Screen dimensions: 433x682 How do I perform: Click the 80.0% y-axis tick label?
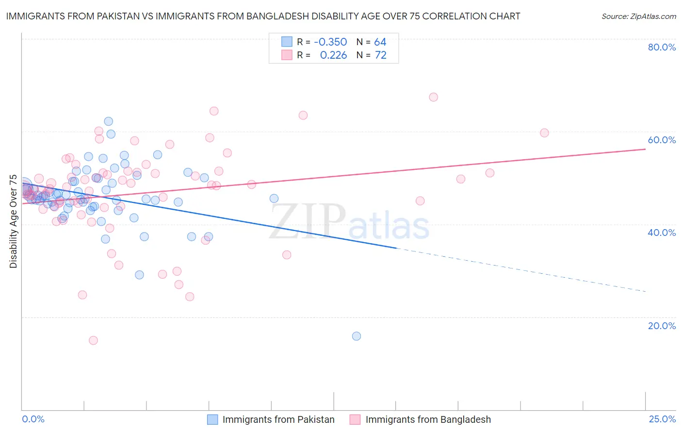coord(662,47)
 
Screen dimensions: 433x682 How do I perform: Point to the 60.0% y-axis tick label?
coord(662,140)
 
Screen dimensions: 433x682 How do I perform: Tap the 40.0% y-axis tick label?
coord(662,233)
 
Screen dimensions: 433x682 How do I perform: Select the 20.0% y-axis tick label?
coord(662,326)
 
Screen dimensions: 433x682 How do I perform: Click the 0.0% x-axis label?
coord(33,419)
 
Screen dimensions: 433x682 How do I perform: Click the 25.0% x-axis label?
coord(662,419)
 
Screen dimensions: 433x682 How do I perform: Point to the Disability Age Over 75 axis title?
coord(13,221)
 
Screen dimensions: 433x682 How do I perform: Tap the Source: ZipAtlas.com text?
coord(638,16)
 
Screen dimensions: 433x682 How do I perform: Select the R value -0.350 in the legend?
coord(330,42)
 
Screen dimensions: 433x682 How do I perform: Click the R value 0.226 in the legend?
coord(333,55)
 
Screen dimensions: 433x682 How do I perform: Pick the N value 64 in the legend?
coord(380,42)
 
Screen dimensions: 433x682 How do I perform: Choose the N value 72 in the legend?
coord(380,55)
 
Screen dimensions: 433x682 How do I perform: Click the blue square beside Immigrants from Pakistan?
coord(212,419)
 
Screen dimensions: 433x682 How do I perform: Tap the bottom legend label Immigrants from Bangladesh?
coord(428,419)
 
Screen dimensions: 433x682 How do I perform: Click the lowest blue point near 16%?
coord(357,336)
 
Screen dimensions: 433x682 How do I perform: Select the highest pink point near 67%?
coord(434,97)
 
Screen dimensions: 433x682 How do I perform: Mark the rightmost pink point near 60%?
coord(544,133)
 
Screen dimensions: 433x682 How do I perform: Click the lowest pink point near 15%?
coord(93,340)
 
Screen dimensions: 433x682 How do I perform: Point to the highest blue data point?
coord(109,121)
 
